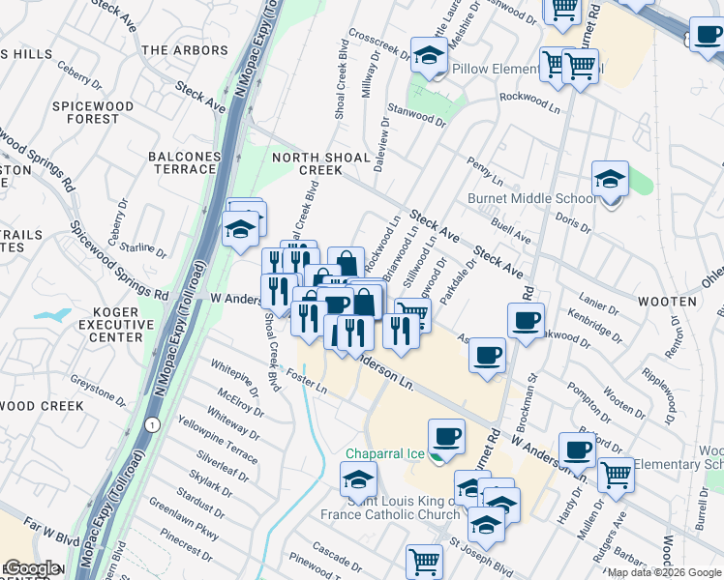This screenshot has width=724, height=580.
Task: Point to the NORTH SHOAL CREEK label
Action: pos(320,163)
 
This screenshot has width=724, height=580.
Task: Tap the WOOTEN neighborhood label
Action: pos(666,302)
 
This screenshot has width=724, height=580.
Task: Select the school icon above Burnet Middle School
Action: pos(610,179)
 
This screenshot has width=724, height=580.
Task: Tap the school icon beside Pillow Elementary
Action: pos(428,56)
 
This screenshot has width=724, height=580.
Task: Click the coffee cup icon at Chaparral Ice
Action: pos(446,436)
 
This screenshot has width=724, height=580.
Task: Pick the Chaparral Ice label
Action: pos(387,453)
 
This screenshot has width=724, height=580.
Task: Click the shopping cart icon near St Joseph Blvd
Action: pos(424,561)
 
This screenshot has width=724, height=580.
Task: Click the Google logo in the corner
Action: pos(31,568)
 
